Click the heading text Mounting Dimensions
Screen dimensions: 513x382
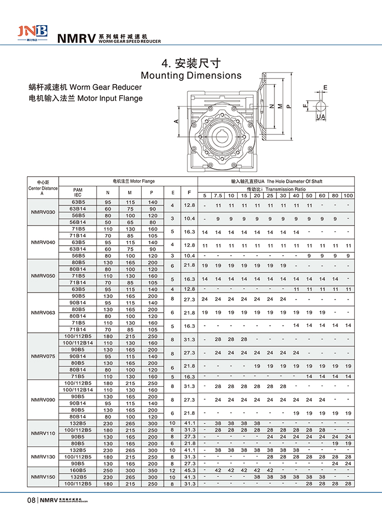tap(191, 76)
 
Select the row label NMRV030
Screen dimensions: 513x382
tap(43, 212)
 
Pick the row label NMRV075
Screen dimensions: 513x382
tap(43, 356)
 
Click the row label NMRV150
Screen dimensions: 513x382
tap(43, 477)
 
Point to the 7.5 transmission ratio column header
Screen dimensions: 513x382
tap(218, 195)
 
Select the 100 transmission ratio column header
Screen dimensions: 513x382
tap(348, 195)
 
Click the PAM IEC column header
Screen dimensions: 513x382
tap(77, 192)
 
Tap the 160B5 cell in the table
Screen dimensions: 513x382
tap(77, 470)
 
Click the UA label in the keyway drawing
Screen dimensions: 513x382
tap(320, 117)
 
